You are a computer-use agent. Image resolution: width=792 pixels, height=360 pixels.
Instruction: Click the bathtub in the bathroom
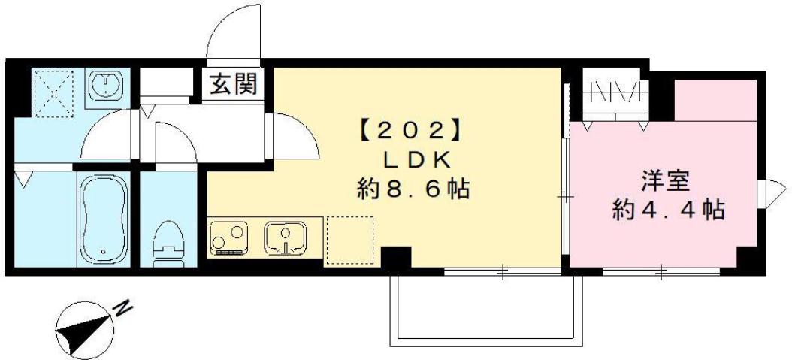(104, 219)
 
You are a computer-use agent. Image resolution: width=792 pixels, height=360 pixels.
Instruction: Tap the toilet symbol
(169, 243)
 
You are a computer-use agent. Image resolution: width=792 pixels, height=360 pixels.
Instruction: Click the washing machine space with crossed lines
(53, 92)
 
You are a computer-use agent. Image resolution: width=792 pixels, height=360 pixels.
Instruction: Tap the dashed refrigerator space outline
(349, 240)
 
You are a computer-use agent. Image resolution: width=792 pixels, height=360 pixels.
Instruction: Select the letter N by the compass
(123, 307)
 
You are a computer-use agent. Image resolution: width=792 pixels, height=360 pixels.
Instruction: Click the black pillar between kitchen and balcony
(395, 257)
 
